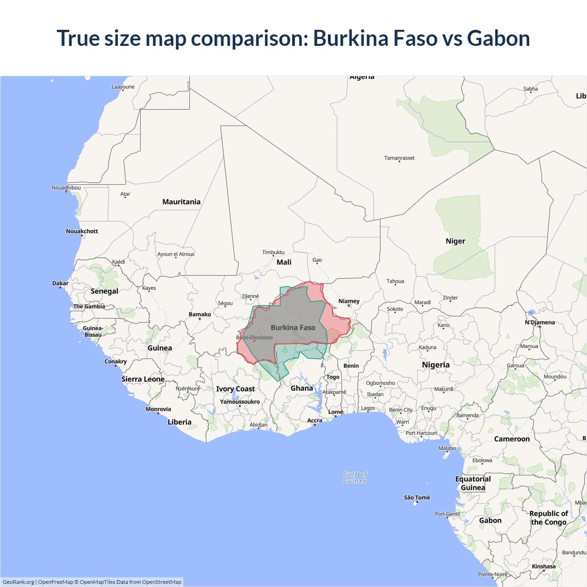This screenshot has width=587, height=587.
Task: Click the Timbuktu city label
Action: point(273,252)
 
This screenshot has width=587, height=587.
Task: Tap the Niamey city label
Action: point(349,301)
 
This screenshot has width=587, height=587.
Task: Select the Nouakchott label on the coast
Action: point(82,231)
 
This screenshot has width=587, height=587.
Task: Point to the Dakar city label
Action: point(61,283)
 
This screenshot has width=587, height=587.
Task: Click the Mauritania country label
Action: point(181,202)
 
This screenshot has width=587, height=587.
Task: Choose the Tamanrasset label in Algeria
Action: point(399,158)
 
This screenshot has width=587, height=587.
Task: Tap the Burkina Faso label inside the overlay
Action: point(293,327)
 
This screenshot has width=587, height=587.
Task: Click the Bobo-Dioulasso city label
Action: point(255,338)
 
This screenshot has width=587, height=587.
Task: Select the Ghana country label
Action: point(302,388)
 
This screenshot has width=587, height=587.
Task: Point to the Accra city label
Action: point(315,421)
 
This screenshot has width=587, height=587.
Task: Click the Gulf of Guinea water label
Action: point(355,477)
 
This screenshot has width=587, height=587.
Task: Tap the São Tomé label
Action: point(417,498)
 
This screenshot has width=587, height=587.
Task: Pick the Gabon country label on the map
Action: point(490,521)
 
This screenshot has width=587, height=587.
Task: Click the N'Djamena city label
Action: point(540,322)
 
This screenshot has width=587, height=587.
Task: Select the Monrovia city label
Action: point(158,409)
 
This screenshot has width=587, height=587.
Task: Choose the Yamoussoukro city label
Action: point(240,402)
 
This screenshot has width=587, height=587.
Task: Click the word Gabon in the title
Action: point(498,38)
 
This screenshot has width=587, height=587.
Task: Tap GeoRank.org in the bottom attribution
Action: point(18,582)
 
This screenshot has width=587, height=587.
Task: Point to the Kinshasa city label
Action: point(543,566)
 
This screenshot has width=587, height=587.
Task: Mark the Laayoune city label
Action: point(123,87)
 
